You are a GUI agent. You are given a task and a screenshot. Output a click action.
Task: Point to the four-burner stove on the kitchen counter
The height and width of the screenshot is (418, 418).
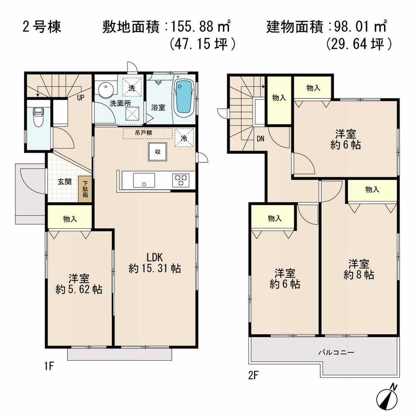click(181, 180)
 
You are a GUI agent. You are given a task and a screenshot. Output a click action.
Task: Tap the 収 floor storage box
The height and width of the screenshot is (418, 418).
click(158, 152)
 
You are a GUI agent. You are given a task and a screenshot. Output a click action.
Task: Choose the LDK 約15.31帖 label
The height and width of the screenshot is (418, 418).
click(155, 263)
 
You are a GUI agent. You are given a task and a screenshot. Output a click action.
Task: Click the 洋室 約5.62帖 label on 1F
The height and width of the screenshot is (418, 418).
click(79, 284)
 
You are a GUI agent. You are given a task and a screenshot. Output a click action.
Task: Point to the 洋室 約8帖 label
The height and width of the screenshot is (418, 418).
click(359, 269)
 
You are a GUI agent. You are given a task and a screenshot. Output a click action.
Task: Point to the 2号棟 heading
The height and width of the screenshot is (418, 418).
click(41, 27)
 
